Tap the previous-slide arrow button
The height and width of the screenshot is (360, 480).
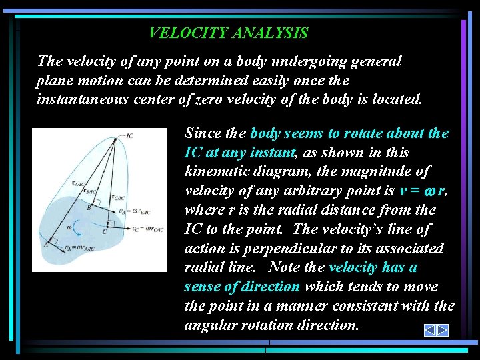pyautogui.click(x=430, y=330)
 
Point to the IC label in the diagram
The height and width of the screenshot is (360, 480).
pyautogui.click(x=129, y=136)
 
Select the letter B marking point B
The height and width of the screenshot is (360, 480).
pyautogui.click(x=89, y=207)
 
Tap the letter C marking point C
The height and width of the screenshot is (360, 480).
pyautogui.click(x=105, y=232)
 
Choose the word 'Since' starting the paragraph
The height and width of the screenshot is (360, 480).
pyautogui.click(x=202, y=133)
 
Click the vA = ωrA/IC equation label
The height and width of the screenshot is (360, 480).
pyautogui.click(x=79, y=248)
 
